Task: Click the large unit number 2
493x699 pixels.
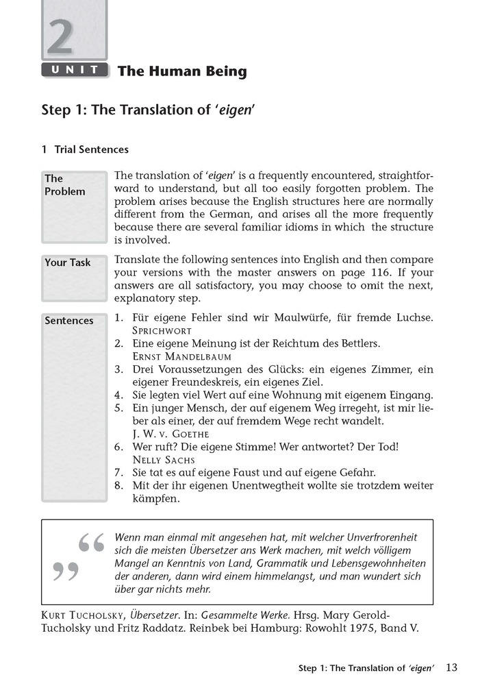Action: point(60,38)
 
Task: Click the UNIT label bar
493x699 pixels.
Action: point(75,69)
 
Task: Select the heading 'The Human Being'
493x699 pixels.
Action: point(182,71)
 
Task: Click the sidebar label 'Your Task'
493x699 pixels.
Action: point(67,262)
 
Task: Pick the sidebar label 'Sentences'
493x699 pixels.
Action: point(68,321)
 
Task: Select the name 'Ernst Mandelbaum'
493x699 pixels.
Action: point(181,356)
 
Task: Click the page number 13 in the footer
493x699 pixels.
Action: point(452,667)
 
